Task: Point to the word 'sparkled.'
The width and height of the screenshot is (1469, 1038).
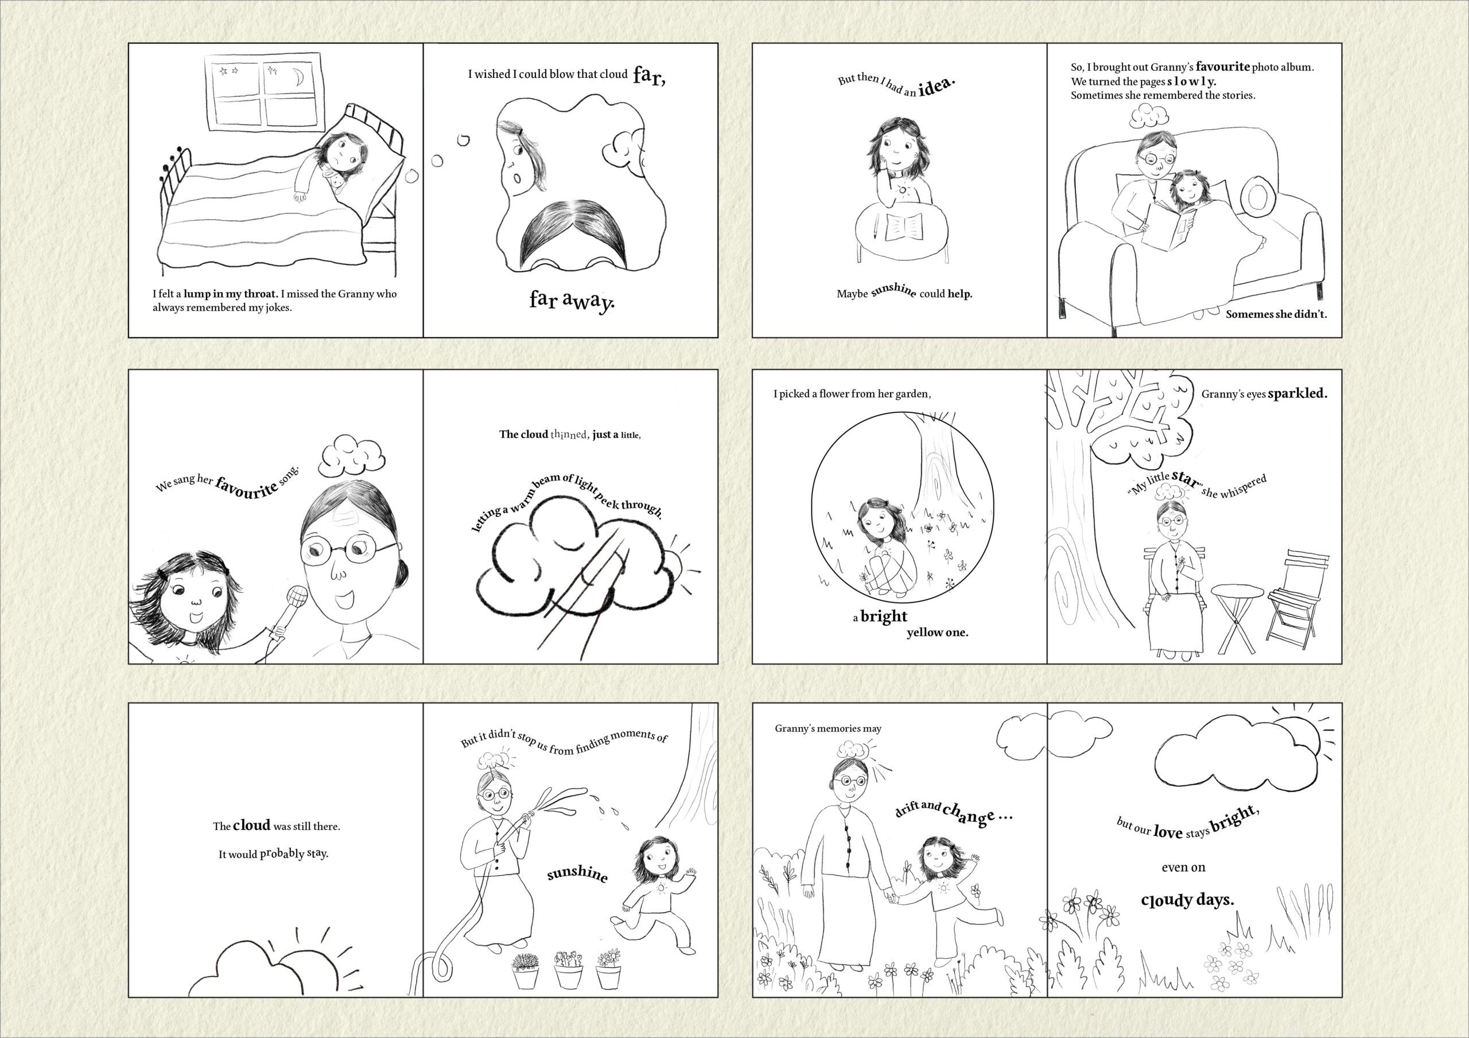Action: tap(1297, 393)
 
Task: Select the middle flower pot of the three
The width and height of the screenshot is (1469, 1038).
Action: tap(569, 970)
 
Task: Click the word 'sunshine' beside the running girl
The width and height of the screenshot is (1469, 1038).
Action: tap(577, 875)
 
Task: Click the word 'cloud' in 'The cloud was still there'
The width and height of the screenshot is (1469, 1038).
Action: tap(251, 825)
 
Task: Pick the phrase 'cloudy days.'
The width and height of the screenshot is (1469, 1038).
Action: tap(1187, 900)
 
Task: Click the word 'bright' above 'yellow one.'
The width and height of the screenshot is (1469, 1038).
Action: tap(884, 616)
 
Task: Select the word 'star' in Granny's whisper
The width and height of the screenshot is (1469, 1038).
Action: tap(1186, 478)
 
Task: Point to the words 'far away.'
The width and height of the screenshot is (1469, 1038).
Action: tap(572, 300)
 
